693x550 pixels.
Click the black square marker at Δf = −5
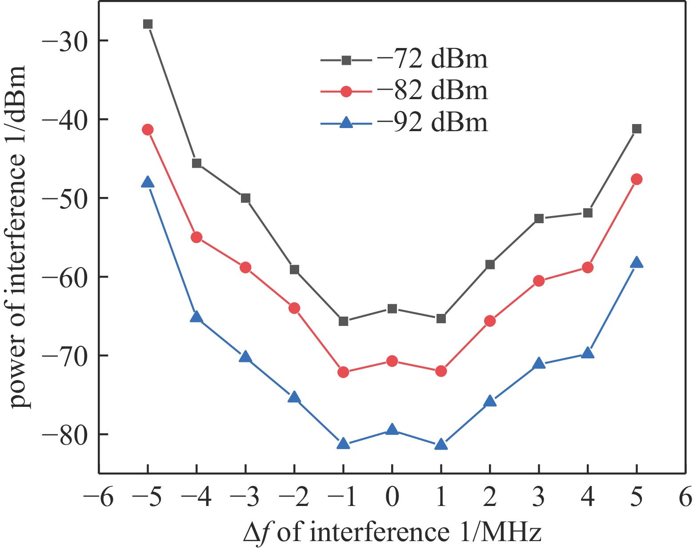pos(148,24)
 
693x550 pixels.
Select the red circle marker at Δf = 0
pos(392,361)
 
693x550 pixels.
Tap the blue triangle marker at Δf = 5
pos(637,263)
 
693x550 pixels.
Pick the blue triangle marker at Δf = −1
pos(343,443)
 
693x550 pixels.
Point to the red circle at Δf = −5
pos(148,130)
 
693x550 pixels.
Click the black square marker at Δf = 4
pos(588,213)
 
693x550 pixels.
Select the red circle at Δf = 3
pos(539,281)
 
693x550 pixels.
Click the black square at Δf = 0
pos(392,309)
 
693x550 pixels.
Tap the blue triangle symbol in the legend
pos(346,122)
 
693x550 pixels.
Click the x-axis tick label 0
pos(392,497)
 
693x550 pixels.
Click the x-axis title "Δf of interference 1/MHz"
pos(392,532)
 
